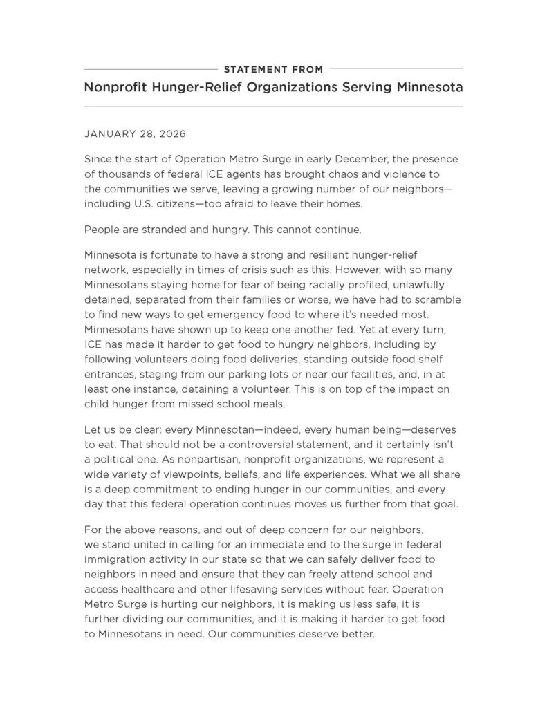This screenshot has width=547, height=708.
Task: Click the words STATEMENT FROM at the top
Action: pyautogui.click(x=273, y=69)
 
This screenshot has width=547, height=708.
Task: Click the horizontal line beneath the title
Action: pyautogui.click(x=273, y=106)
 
